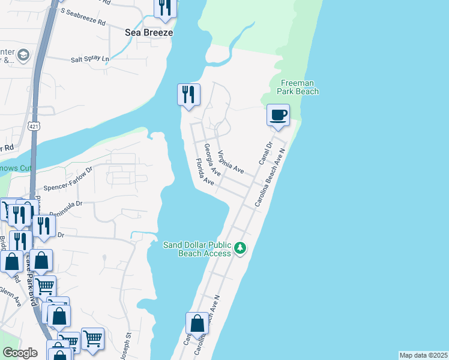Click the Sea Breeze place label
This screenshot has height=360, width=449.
[148, 32]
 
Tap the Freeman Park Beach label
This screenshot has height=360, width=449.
[297, 87]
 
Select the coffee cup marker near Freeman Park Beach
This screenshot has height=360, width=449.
[277, 114]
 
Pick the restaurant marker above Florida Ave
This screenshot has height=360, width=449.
[188, 95]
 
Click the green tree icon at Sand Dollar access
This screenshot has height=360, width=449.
[240, 248]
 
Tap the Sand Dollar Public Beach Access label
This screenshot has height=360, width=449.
[197, 249]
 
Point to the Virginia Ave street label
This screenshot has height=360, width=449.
[231, 161]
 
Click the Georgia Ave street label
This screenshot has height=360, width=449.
[212, 159]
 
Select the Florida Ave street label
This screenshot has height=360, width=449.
[205, 172]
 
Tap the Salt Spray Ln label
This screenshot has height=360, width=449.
[91, 59]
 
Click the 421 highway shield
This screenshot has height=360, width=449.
[34, 125]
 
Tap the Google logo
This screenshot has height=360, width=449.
[20, 353]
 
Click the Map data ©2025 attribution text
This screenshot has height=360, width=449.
[424, 355]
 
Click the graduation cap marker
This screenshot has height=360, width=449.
[23, 56]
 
